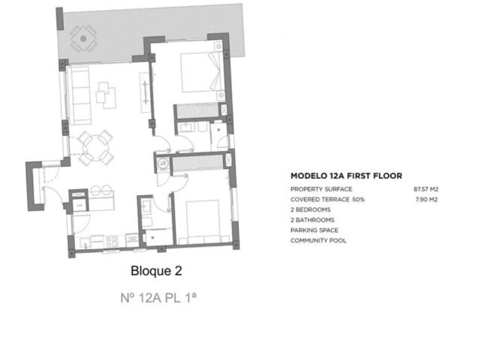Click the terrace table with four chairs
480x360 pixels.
pyautogui.click(x=83, y=39)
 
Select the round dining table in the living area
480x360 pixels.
pyautogui.click(x=95, y=148)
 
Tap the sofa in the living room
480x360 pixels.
pyautogui.click(x=79, y=95)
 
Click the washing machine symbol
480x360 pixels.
pyautogui.click(x=163, y=163)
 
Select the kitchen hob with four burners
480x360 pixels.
pyautogui.click(x=112, y=241)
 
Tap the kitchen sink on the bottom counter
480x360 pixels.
pyautogui.click(x=85, y=242)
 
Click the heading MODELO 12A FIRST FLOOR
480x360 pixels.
pyautogui.click(x=346, y=176)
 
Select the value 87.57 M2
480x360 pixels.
pyautogui.click(x=426, y=189)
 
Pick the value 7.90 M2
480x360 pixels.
pyautogui.click(x=426, y=199)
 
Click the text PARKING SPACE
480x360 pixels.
pyautogui.click(x=314, y=230)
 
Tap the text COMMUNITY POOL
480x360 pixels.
pyautogui.click(x=318, y=241)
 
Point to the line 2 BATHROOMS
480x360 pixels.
pyautogui.click(x=312, y=220)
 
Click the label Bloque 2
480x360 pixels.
pyautogui.click(x=156, y=271)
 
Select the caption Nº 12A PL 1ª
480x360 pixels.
pyautogui.click(x=158, y=298)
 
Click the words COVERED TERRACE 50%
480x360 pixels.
pyautogui.click(x=327, y=199)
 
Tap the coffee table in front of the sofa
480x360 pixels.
pyautogui.click(x=106, y=95)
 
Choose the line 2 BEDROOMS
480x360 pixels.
pyautogui.click(x=310, y=210)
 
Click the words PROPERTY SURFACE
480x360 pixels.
pyautogui.click(x=321, y=189)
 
